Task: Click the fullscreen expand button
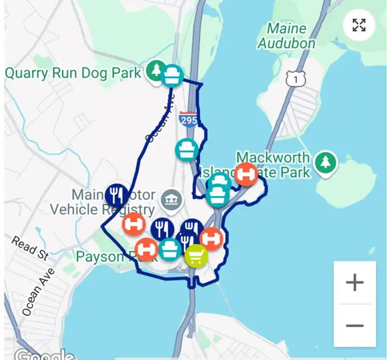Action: click(359, 26)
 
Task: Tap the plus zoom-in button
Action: click(354, 283)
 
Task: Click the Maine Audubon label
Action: click(286, 36)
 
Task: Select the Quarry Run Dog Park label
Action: click(72, 72)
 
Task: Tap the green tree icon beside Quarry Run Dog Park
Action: click(155, 70)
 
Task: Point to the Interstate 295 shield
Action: click(188, 119)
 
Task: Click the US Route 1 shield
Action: click(295, 78)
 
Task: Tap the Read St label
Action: click(30, 247)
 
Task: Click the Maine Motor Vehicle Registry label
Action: click(103, 201)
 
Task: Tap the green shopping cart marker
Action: click(196, 257)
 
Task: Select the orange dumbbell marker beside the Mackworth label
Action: click(245, 174)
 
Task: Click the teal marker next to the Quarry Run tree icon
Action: click(172, 75)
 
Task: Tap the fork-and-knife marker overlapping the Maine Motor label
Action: click(116, 194)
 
